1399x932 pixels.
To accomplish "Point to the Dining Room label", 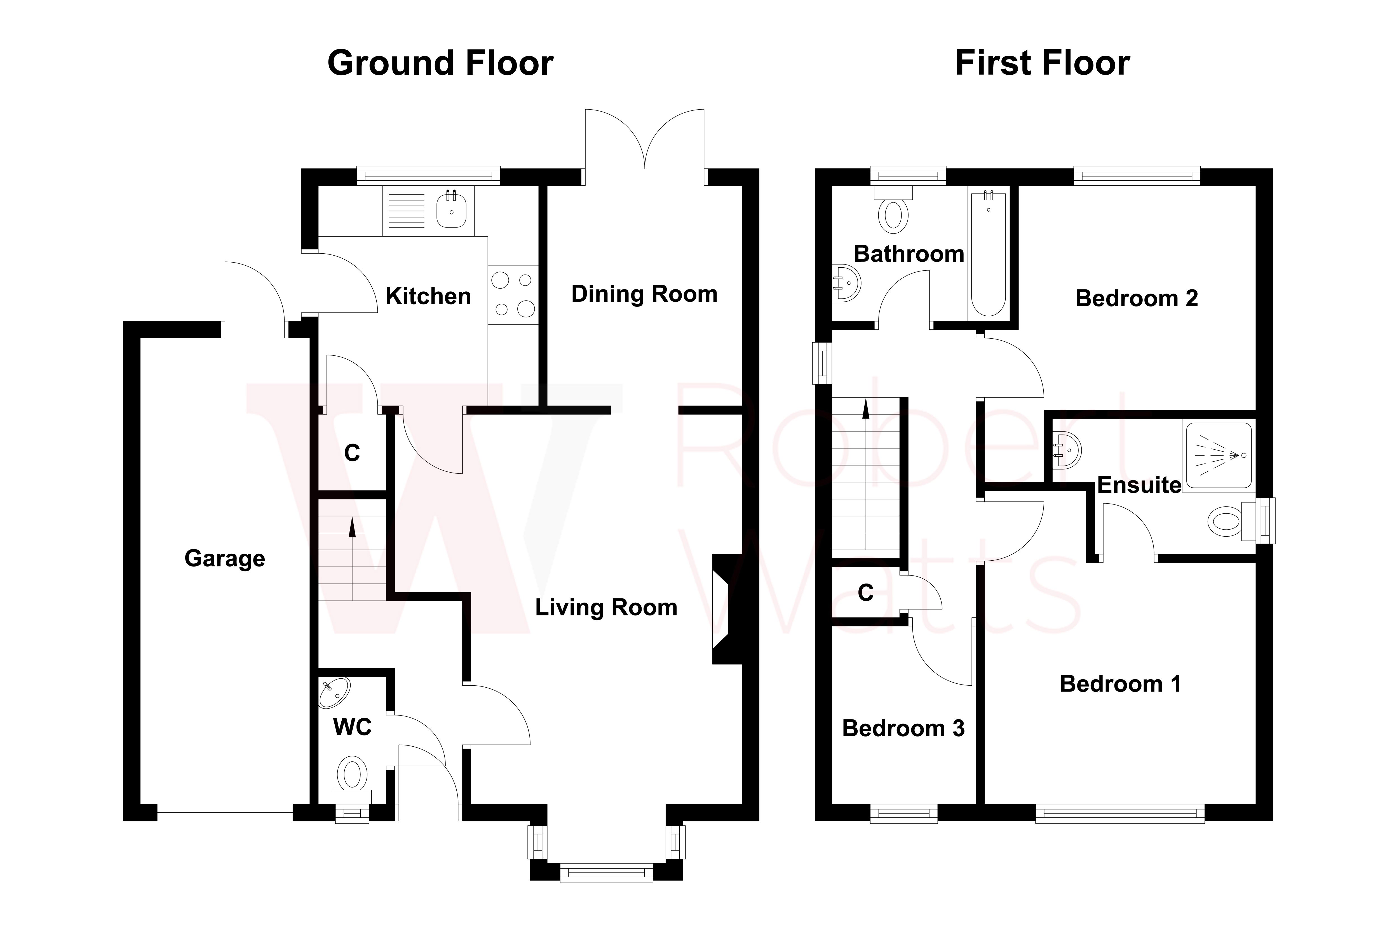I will (644, 294).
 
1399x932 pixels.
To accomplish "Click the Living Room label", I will (606, 607).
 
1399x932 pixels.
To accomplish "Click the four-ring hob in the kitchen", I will (513, 294).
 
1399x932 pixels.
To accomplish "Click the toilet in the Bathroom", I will (893, 214).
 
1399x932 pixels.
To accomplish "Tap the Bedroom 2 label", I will (1136, 298).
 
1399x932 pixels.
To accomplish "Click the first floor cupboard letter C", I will (865, 593).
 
